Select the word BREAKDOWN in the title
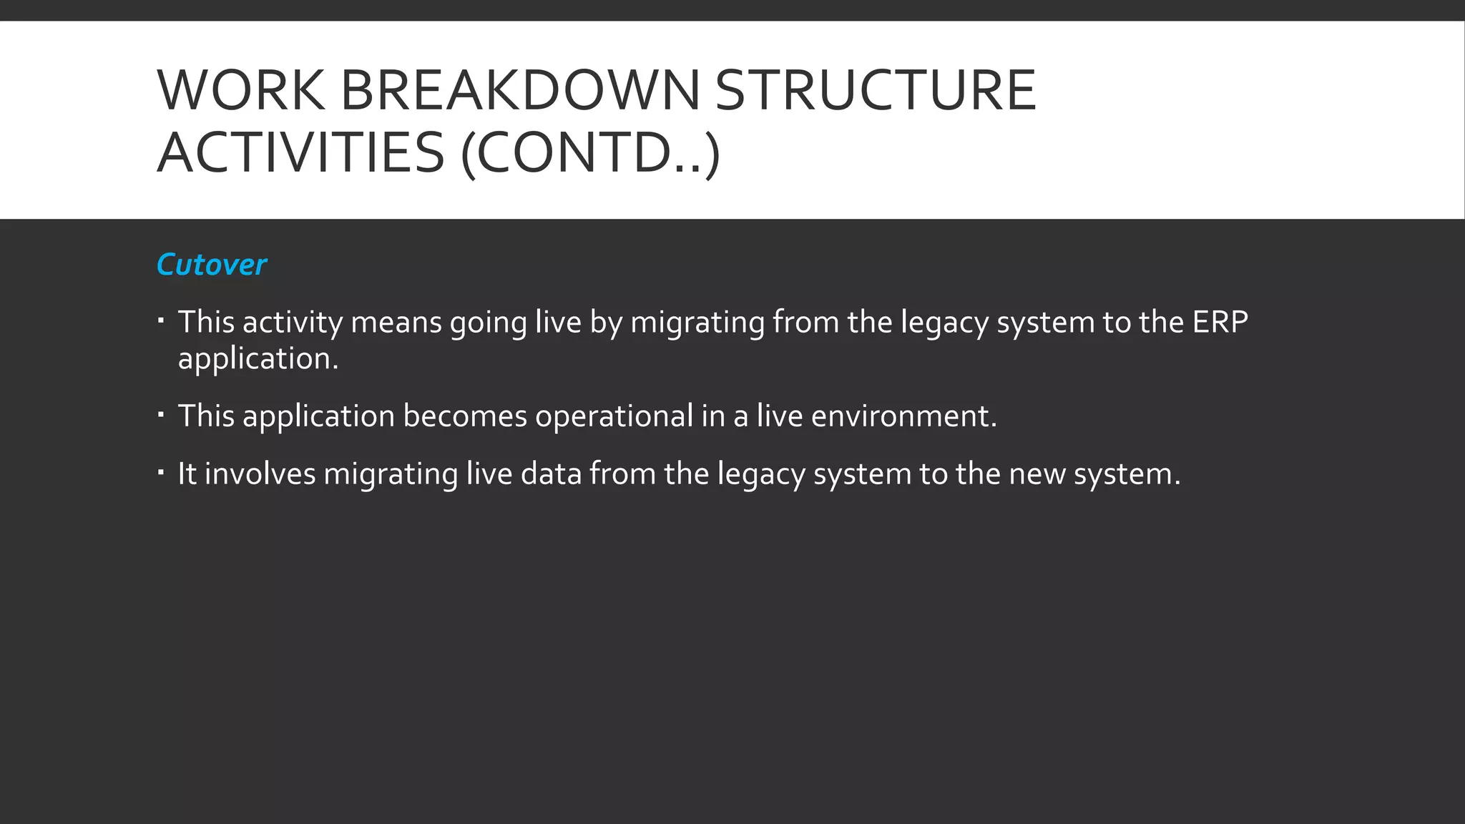pos(520,91)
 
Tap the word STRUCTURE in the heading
pos(875,91)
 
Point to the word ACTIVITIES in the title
pos(300,153)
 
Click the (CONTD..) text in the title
pos(590,153)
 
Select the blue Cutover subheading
pos(211,265)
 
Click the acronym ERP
pos(1220,322)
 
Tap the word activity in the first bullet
pos(293,323)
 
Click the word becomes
pos(465,416)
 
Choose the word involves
pos(260,474)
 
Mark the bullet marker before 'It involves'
pos(162,471)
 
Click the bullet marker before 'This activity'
pos(162,320)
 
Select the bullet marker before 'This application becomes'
pos(162,413)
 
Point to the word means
pos(396,323)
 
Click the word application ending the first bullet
pos(258,359)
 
